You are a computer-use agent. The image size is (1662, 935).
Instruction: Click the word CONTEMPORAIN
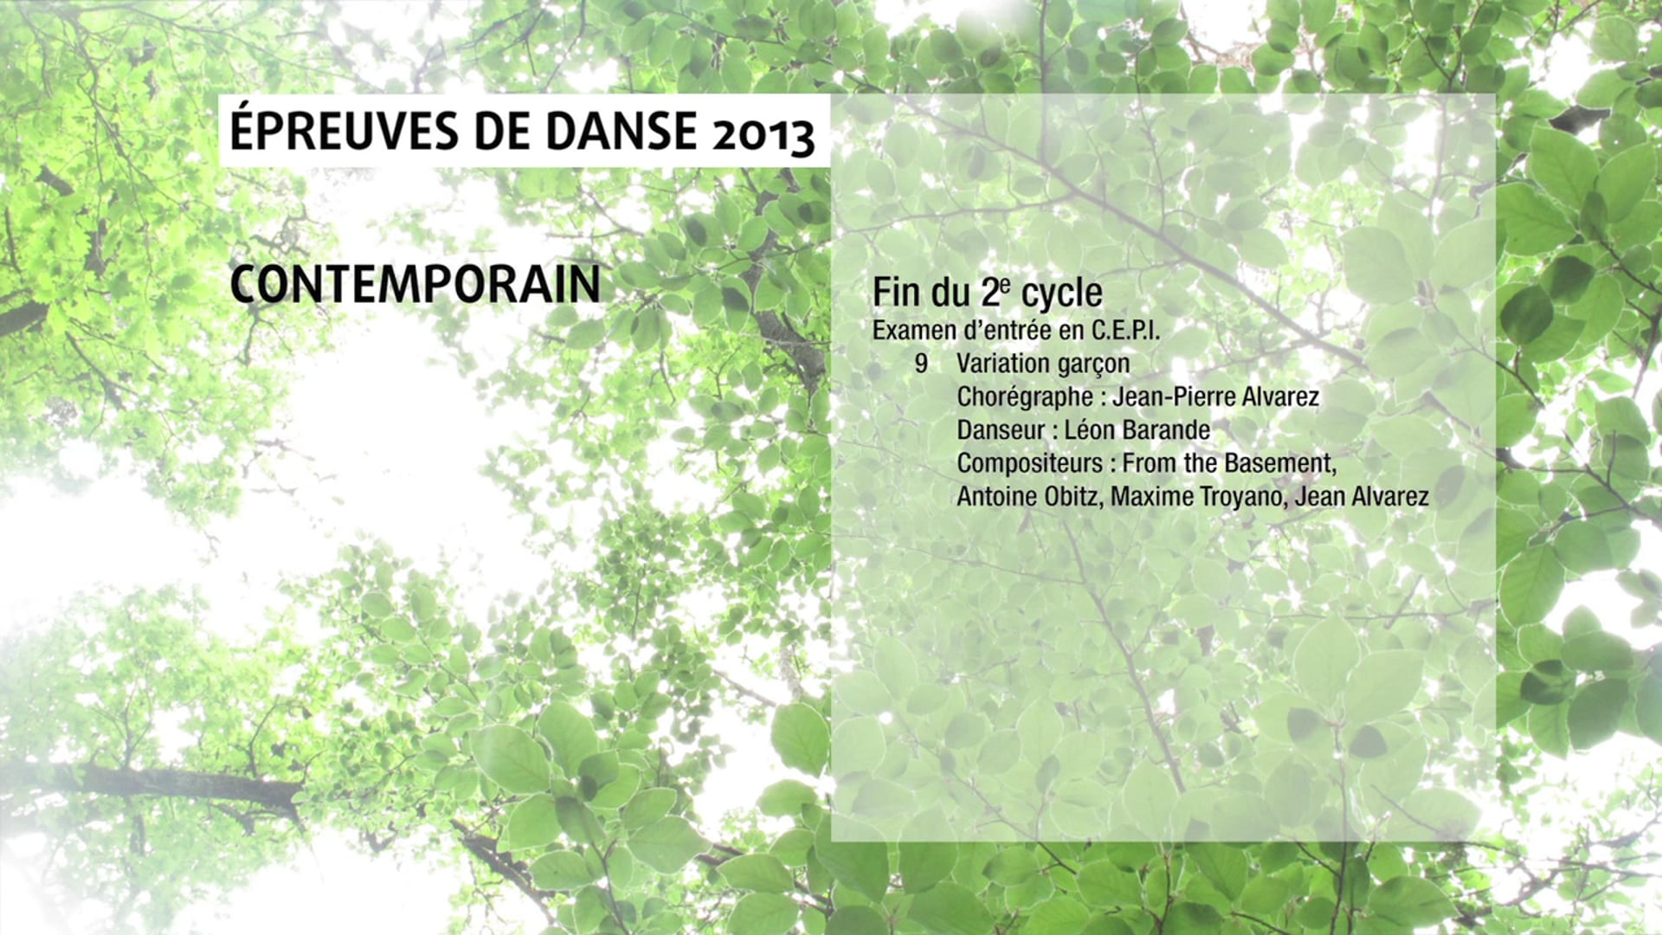pyautogui.click(x=415, y=284)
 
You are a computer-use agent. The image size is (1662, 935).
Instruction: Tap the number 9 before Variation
pyautogui.click(x=921, y=364)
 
